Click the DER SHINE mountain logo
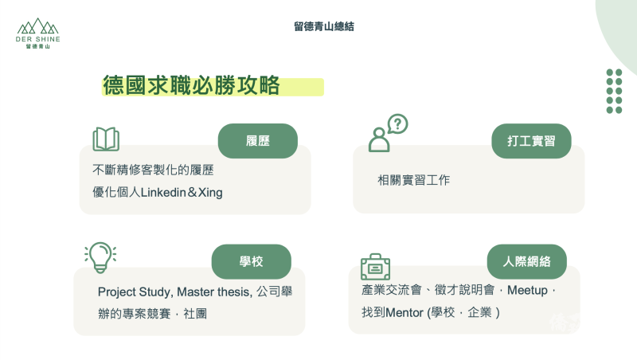[37, 33]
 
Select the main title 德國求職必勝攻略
[191, 86]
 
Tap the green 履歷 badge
[257, 141]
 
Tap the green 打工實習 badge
[531, 141]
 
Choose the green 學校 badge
[251, 261]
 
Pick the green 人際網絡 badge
[526, 261]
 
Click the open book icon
[106, 139]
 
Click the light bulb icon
[100, 256]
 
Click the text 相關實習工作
[413, 181]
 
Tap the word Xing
[209, 193]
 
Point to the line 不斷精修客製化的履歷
[153, 170]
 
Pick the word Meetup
[527, 291]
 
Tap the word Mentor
[405, 313]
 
